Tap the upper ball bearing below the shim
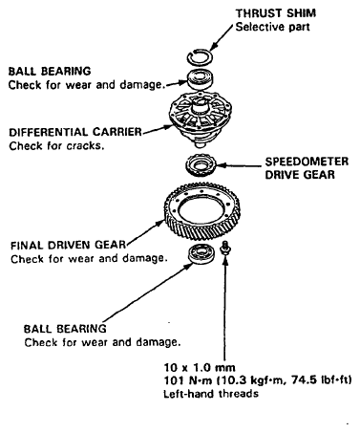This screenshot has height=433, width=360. (200, 79)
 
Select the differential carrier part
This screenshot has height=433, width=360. (201, 118)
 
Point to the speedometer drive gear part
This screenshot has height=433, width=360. (201, 165)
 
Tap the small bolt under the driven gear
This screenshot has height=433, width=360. (225, 249)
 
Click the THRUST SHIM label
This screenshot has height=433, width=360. (276, 13)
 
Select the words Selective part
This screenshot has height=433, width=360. (272, 27)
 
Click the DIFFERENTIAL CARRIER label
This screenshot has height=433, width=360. (75, 132)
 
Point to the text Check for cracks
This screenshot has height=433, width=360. (56, 146)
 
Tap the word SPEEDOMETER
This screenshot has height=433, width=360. (307, 162)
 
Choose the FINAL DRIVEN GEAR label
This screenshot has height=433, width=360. (69, 245)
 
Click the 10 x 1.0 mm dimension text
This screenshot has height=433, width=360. (200, 368)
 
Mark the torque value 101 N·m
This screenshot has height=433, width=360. (183, 380)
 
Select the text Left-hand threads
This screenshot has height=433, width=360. (211, 394)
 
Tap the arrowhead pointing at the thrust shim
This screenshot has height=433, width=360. (213, 47)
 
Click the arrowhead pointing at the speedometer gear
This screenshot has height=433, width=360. (222, 165)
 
